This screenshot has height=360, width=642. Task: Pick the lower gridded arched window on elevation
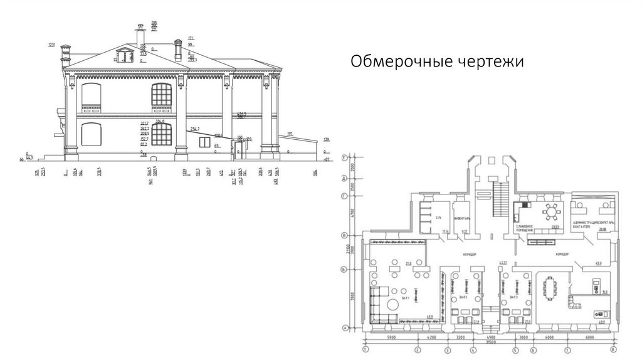pyautogui.click(x=162, y=135)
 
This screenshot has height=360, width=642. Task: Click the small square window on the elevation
pyautogui.click(x=204, y=142)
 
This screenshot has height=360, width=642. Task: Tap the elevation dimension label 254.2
pyautogui.click(x=196, y=129)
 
